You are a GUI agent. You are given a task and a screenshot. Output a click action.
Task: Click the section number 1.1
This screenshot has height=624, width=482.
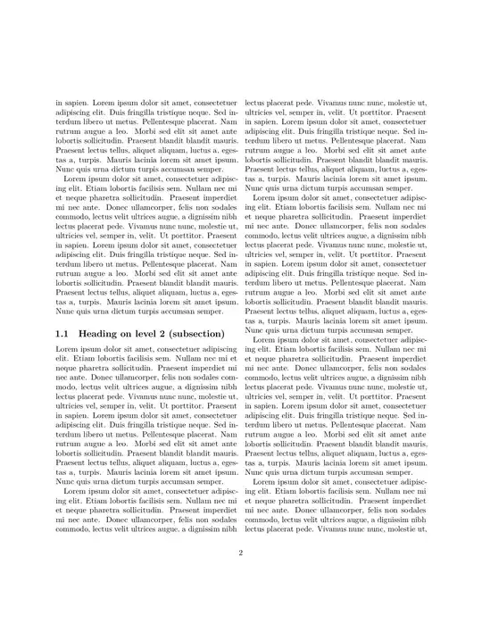coord(62,334)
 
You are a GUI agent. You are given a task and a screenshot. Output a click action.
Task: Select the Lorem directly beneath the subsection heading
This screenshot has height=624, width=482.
coord(67,349)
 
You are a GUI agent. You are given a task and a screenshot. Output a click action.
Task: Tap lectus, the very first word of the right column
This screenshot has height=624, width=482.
coord(257,104)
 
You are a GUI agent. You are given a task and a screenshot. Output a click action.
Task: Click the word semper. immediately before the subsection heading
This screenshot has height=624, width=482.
coord(220,312)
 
